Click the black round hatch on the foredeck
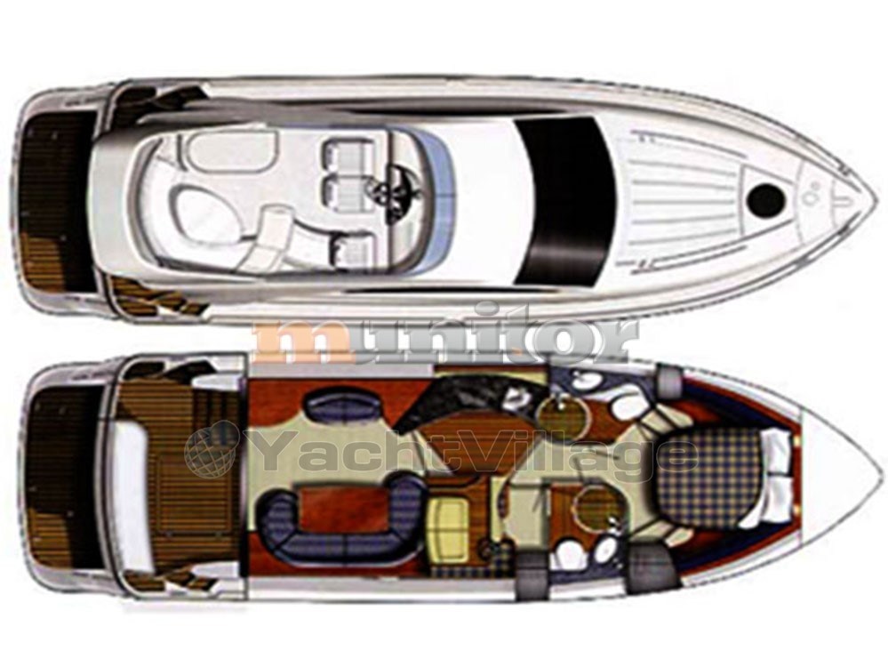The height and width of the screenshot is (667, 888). click(x=766, y=197)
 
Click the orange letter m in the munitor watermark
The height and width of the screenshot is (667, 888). click(x=309, y=342)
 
